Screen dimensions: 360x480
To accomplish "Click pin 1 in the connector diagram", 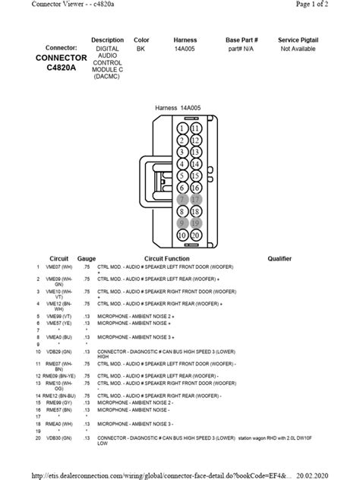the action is [182, 129].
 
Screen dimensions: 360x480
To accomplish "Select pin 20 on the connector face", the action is [195, 235].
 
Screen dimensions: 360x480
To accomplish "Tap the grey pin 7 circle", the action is [182, 200].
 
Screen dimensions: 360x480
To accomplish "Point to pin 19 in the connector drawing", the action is [195, 223].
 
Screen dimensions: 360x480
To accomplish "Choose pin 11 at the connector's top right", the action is [195, 129].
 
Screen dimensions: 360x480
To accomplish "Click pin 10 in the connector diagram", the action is [182, 235].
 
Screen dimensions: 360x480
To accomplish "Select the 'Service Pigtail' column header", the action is [298, 39].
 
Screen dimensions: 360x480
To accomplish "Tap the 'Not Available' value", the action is [298, 48].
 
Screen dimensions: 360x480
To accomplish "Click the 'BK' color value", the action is [141, 48].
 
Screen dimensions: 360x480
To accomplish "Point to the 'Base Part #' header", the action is [242, 39].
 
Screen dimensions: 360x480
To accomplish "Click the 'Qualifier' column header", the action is [279, 259].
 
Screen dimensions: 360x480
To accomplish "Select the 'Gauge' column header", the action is [87, 259].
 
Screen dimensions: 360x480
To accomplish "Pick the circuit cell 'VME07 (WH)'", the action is [58, 268].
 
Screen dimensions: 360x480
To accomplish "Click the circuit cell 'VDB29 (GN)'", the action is [58, 352].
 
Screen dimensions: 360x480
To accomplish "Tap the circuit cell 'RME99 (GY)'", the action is [58, 402].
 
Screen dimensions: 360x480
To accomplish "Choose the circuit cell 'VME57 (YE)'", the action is [58, 323].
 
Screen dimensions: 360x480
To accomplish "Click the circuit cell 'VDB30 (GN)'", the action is [58, 438].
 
